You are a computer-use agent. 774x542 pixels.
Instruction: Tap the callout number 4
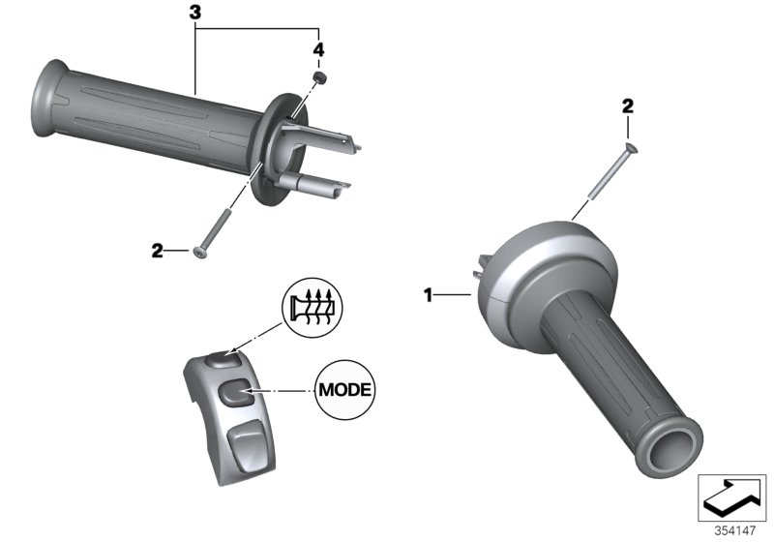(317, 48)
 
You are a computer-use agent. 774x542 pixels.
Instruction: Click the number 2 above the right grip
(627, 106)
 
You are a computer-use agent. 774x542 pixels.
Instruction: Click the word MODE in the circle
(345, 391)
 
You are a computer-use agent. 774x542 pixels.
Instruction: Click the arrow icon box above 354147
(732, 497)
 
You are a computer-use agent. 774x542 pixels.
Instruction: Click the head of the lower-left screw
(200, 254)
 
